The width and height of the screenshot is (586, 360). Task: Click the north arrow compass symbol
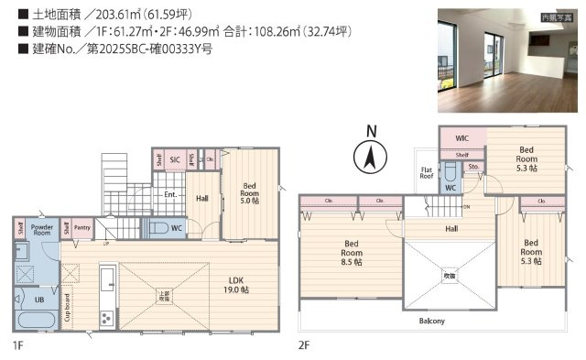coord(370,157)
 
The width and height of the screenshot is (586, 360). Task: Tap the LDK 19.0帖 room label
coord(229,286)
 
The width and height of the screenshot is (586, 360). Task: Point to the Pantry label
coord(82,229)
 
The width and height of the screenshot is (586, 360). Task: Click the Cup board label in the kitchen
coord(68,310)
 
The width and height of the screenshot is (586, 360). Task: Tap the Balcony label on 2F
coord(432,321)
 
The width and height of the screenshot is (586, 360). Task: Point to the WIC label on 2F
coord(462,137)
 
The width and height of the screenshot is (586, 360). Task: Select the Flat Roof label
coord(426,172)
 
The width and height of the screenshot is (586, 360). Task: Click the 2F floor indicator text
coord(304,344)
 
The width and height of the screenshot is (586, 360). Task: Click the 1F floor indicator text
coord(18,344)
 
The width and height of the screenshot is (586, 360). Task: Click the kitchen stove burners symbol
coord(106,318)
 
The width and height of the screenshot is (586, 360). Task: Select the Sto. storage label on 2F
coord(473,167)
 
